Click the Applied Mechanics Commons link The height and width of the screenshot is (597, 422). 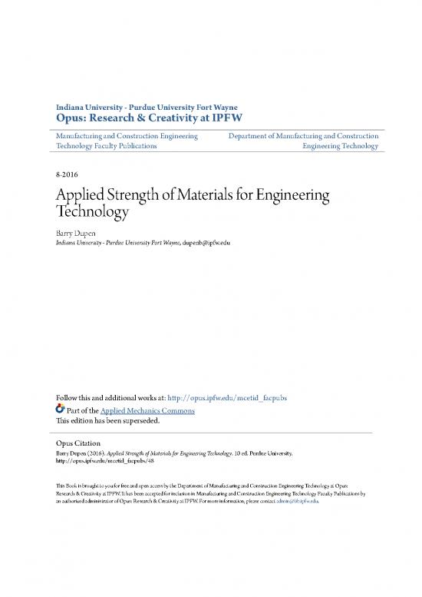pos(150,410)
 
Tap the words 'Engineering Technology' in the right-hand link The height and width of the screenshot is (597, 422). pos(340,145)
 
